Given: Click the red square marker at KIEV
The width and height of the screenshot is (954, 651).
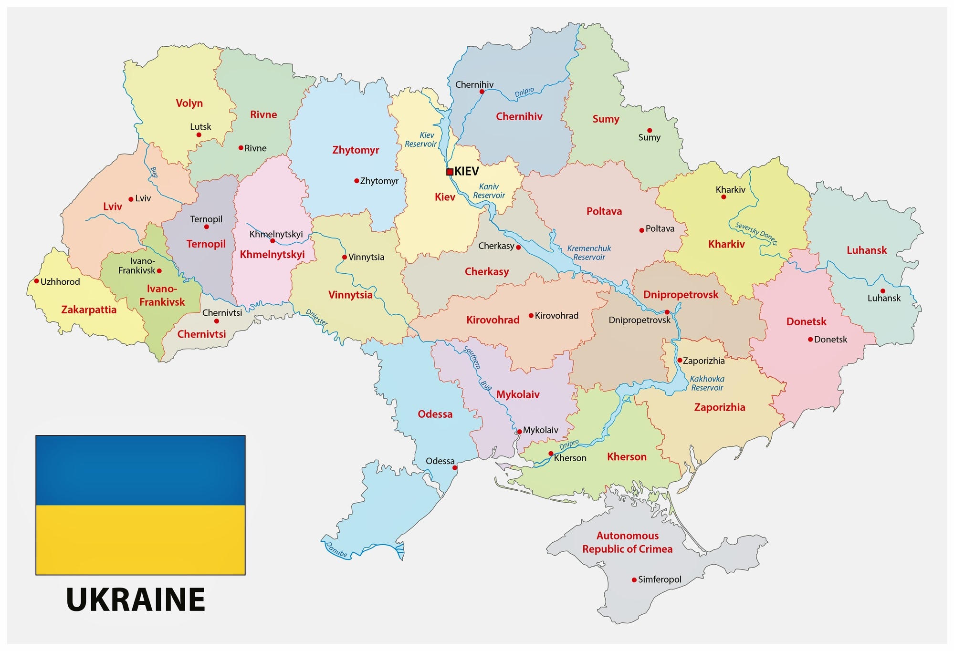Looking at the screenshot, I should (x=450, y=172).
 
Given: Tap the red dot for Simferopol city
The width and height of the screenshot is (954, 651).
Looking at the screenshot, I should (x=634, y=580).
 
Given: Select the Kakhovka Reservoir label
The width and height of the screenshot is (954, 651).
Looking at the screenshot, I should (x=707, y=383).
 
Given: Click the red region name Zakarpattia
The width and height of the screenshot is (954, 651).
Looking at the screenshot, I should (x=89, y=310).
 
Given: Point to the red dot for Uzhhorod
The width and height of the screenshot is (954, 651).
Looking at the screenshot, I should (x=36, y=281).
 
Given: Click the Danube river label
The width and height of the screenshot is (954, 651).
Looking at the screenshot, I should (x=336, y=549).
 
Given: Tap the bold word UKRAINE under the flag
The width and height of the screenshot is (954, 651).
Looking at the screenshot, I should (x=136, y=599).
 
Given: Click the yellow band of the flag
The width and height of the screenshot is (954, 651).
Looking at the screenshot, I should (x=140, y=539).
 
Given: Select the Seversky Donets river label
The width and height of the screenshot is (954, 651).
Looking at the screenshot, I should (x=756, y=233).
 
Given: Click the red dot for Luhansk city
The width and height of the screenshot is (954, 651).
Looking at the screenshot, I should (x=882, y=291).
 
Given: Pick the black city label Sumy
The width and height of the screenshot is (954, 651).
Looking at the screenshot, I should (x=649, y=138).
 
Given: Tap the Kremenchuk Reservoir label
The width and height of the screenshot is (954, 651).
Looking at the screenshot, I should (x=589, y=253).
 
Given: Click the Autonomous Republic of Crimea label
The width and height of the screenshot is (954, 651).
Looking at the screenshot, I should (x=627, y=542).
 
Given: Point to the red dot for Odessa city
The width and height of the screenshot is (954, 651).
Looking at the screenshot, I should (x=455, y=468).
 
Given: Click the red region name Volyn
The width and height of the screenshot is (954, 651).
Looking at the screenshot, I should (x=189, y=103).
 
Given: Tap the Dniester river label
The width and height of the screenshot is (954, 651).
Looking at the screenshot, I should (x=316, y=318).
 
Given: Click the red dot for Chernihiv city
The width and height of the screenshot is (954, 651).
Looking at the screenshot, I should (x=482, y=92).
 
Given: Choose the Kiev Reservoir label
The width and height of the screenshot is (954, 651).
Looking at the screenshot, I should (x=421, y=140).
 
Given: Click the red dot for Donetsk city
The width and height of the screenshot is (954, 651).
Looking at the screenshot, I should (x=810, y=340).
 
